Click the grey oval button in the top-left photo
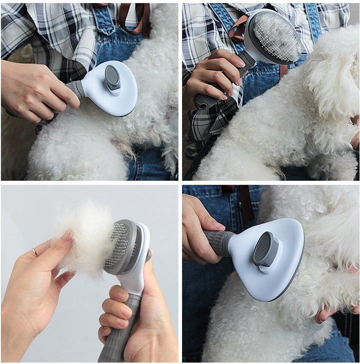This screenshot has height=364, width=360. click(113, 78)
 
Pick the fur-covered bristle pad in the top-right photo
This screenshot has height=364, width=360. click(276, 36)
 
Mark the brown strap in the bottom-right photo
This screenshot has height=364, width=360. click(246, 203)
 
